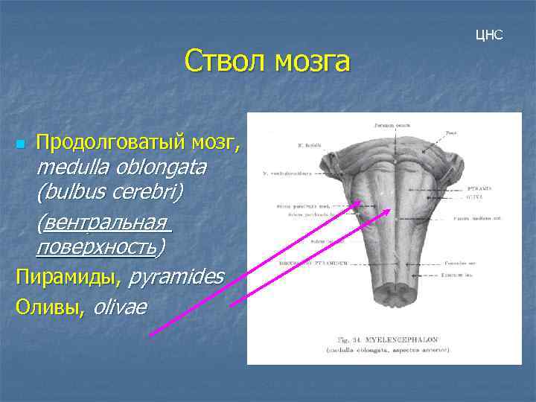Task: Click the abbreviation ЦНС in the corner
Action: (489, 35)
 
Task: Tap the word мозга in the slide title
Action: (312, 61)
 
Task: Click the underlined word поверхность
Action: (97, 246)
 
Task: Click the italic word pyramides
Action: (176, 278)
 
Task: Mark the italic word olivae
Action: (120, 306)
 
